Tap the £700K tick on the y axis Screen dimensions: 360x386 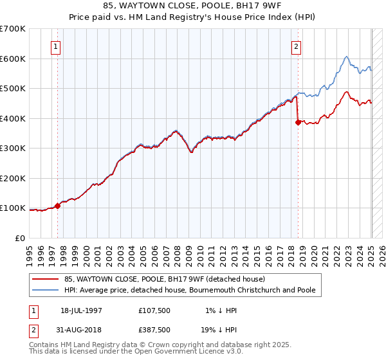[13, 29]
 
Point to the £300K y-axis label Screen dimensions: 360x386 [13, 148]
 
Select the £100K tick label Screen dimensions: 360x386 [13, 208]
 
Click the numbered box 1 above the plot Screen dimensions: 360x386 [56, 46]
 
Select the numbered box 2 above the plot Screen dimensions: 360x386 [296, 46]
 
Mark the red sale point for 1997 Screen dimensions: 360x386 [58, 206]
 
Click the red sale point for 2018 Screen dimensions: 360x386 [298, 122]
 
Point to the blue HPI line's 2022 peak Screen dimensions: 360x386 [346, 57]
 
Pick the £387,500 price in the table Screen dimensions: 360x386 [154, 329]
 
